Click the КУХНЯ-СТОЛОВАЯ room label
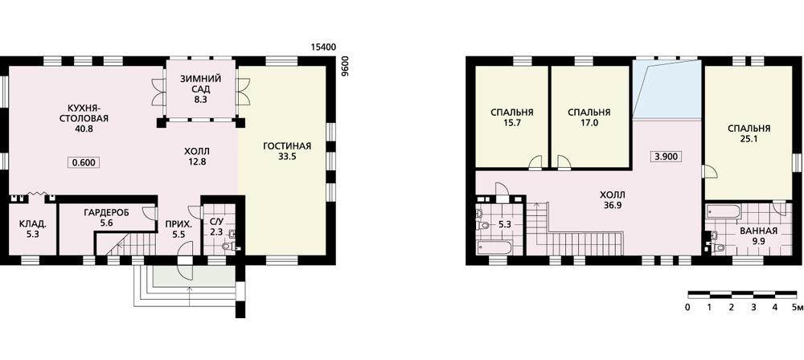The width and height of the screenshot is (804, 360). pos(90,112)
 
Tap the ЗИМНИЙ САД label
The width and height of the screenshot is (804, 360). pos(200,84)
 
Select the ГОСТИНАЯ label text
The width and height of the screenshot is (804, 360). pos(287,147)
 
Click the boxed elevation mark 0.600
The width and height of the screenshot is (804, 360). pos(83,162)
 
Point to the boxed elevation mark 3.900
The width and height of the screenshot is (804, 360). pos(666,157)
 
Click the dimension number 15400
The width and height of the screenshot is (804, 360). pos(323,47)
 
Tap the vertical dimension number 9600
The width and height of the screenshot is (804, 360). pos(345,66)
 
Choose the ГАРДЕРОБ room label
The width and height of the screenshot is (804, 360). pos(105,212)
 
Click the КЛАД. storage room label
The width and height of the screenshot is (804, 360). pos(32,224)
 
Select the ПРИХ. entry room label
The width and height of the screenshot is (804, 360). pos(179,225)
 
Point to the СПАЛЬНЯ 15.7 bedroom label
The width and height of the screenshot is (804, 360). pos(511,118)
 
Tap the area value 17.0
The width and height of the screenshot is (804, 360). pos(589,123)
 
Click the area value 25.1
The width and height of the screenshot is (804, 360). pos(749,138)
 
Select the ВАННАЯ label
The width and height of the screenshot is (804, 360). pos(758,231)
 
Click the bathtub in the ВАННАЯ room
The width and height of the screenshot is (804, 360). pos(724,211)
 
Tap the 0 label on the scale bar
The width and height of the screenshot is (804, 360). pos(687,308)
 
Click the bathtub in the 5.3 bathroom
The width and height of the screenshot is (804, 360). pos(494,248)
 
